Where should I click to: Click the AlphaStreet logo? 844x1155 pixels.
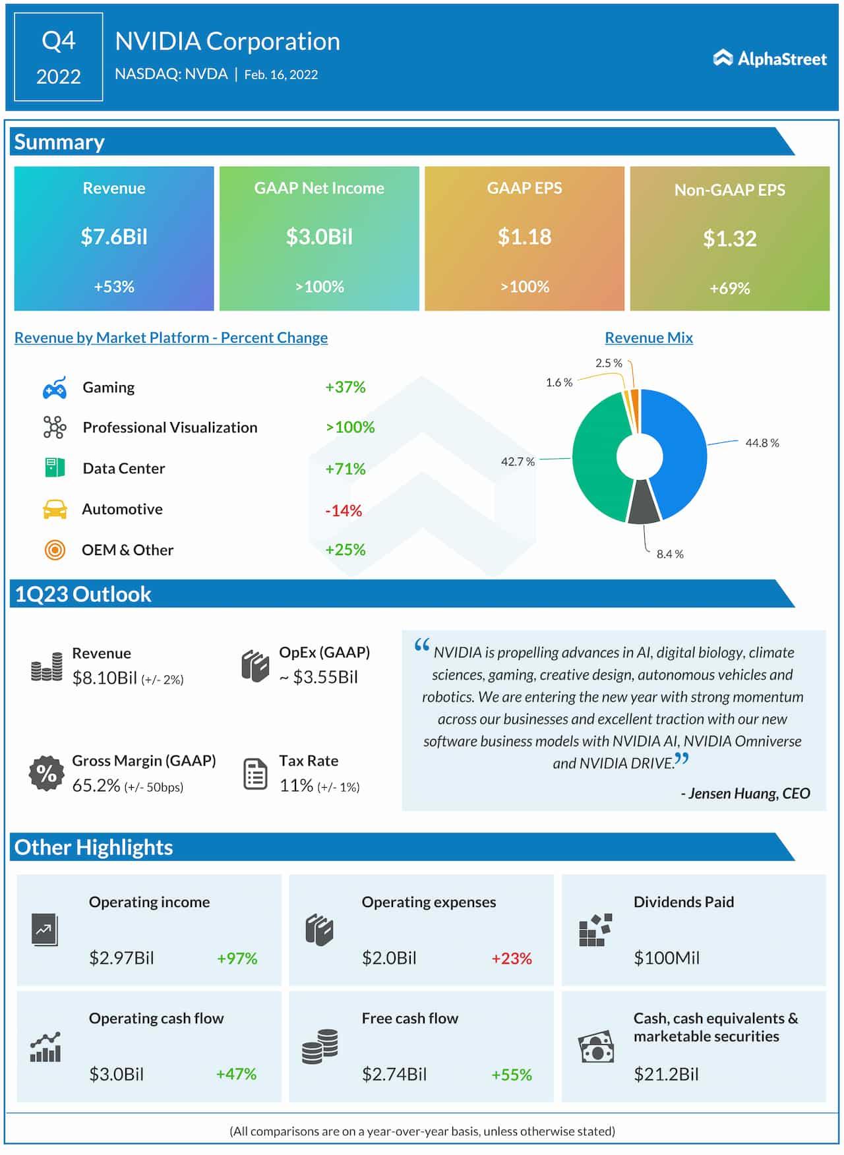pyautogui.click(x=769, y=59)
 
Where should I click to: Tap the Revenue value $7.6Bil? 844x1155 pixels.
pyautogui.click(x=114, y=237)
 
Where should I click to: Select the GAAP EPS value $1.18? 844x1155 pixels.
pyautogui.click(x=524, y=237)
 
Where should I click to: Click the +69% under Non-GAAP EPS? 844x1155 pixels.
pyautogui.click(x=729, y=288)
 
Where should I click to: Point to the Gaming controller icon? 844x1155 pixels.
pyautogui.click(x=55, y=388)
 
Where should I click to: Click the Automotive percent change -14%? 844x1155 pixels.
pyautogui.click(x=344, y=510)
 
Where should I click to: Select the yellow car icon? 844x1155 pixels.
pyautogui.click(x=55, y=510)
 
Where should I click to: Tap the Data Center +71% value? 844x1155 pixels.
pyautogui.click(x=345, y=469)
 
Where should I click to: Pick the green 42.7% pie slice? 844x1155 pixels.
pyautogui.click(x=597, y=461)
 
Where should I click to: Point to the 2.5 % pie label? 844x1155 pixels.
pyautogui.click(x=608, y=363)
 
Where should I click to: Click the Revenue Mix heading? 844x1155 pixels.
pyautogui.click(x=648, y=338)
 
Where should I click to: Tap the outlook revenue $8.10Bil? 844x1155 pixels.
pyautogui.click(x=104, y=678)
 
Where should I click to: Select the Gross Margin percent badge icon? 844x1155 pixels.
pyautogui.click(x=46, y=773)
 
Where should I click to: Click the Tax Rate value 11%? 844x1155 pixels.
pyautogui.click(x=296, y=785)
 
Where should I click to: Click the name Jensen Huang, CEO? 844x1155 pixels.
pyautogui.click(x=745, y=793)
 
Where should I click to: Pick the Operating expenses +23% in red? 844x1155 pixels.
pyautogui.click(x=511, y=958)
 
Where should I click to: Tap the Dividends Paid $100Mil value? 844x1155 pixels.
pyautogui.click(x=666, y=958)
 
